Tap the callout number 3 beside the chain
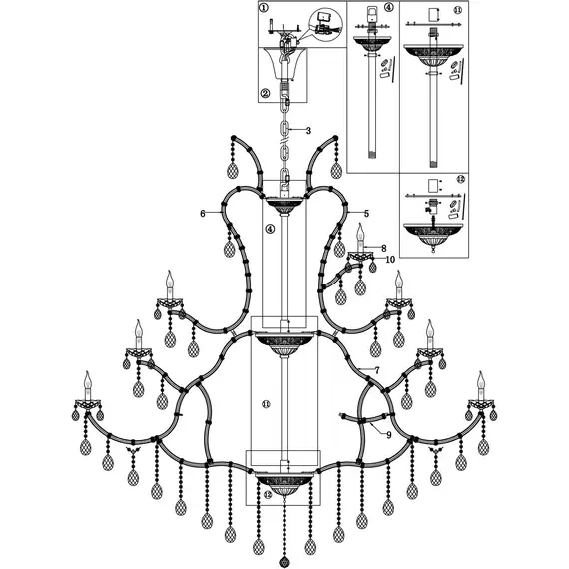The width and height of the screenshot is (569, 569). tap(308, 131)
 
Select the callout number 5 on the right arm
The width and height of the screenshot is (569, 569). tap(366, 214)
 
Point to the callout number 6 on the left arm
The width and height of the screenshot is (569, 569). tap(203, 214)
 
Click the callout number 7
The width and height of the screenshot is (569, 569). tap(378, 370)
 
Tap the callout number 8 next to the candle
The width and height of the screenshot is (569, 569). tap(382, 248)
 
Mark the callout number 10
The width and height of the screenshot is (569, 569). tap(390, 260)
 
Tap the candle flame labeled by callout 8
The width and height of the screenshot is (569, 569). tap(360, 228)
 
